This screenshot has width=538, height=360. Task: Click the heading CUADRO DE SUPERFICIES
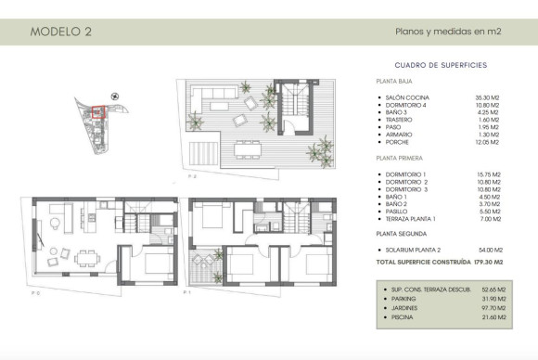[441, 65]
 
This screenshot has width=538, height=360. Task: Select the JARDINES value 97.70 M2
[489, 308]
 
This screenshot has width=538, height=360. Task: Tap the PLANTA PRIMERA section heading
[400, 160]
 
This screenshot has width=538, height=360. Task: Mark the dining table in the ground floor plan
[85, 257]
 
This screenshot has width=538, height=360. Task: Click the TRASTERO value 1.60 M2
[489, 120]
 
